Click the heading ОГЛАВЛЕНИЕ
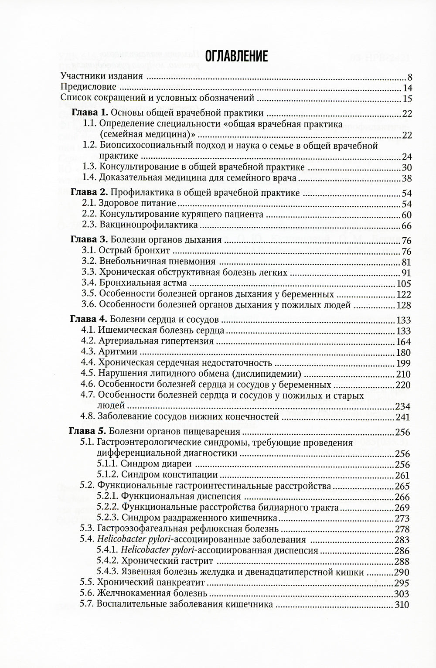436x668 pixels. click(236, 56)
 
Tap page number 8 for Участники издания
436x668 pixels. click(410, 78)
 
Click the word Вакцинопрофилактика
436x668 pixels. click(149, 225)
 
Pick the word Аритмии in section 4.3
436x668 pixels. click(118, 352)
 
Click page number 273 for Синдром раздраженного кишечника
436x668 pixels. click(402, 518)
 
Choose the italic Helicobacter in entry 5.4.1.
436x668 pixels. click(147, 550)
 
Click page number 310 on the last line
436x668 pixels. click(402, 605)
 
